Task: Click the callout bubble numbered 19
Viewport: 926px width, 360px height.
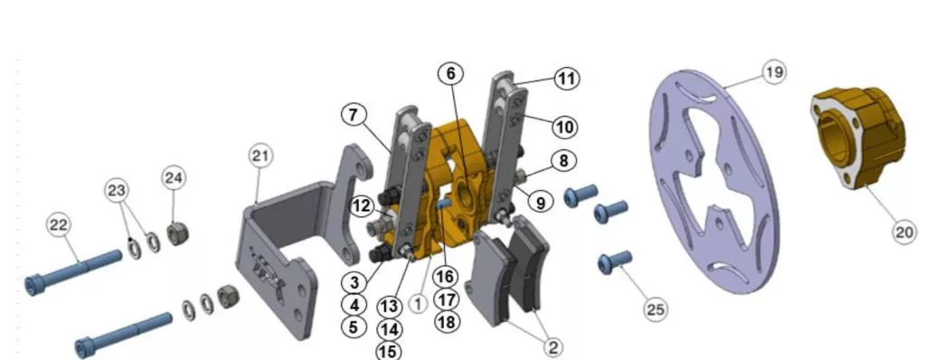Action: (774, 72)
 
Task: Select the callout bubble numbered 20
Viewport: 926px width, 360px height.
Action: (904, 232)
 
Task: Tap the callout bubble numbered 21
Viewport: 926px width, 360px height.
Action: (260, 156)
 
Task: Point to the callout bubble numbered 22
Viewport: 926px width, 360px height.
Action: (59, 225)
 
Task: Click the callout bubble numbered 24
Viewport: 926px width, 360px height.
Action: (174, 178)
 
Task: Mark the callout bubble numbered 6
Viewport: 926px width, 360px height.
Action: (450, 73)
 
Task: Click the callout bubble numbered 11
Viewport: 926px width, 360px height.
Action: (566, 79)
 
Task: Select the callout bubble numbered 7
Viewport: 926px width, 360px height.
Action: (354, 115)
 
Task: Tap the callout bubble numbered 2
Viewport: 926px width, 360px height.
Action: (553, 347)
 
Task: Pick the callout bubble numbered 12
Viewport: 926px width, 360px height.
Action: (362, 206)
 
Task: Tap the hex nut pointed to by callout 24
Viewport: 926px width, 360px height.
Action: (175, 234)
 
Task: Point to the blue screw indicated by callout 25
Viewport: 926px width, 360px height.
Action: (615, 261)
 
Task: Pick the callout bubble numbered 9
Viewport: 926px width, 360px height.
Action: (541, 203)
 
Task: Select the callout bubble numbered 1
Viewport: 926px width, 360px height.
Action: (418, 304)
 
